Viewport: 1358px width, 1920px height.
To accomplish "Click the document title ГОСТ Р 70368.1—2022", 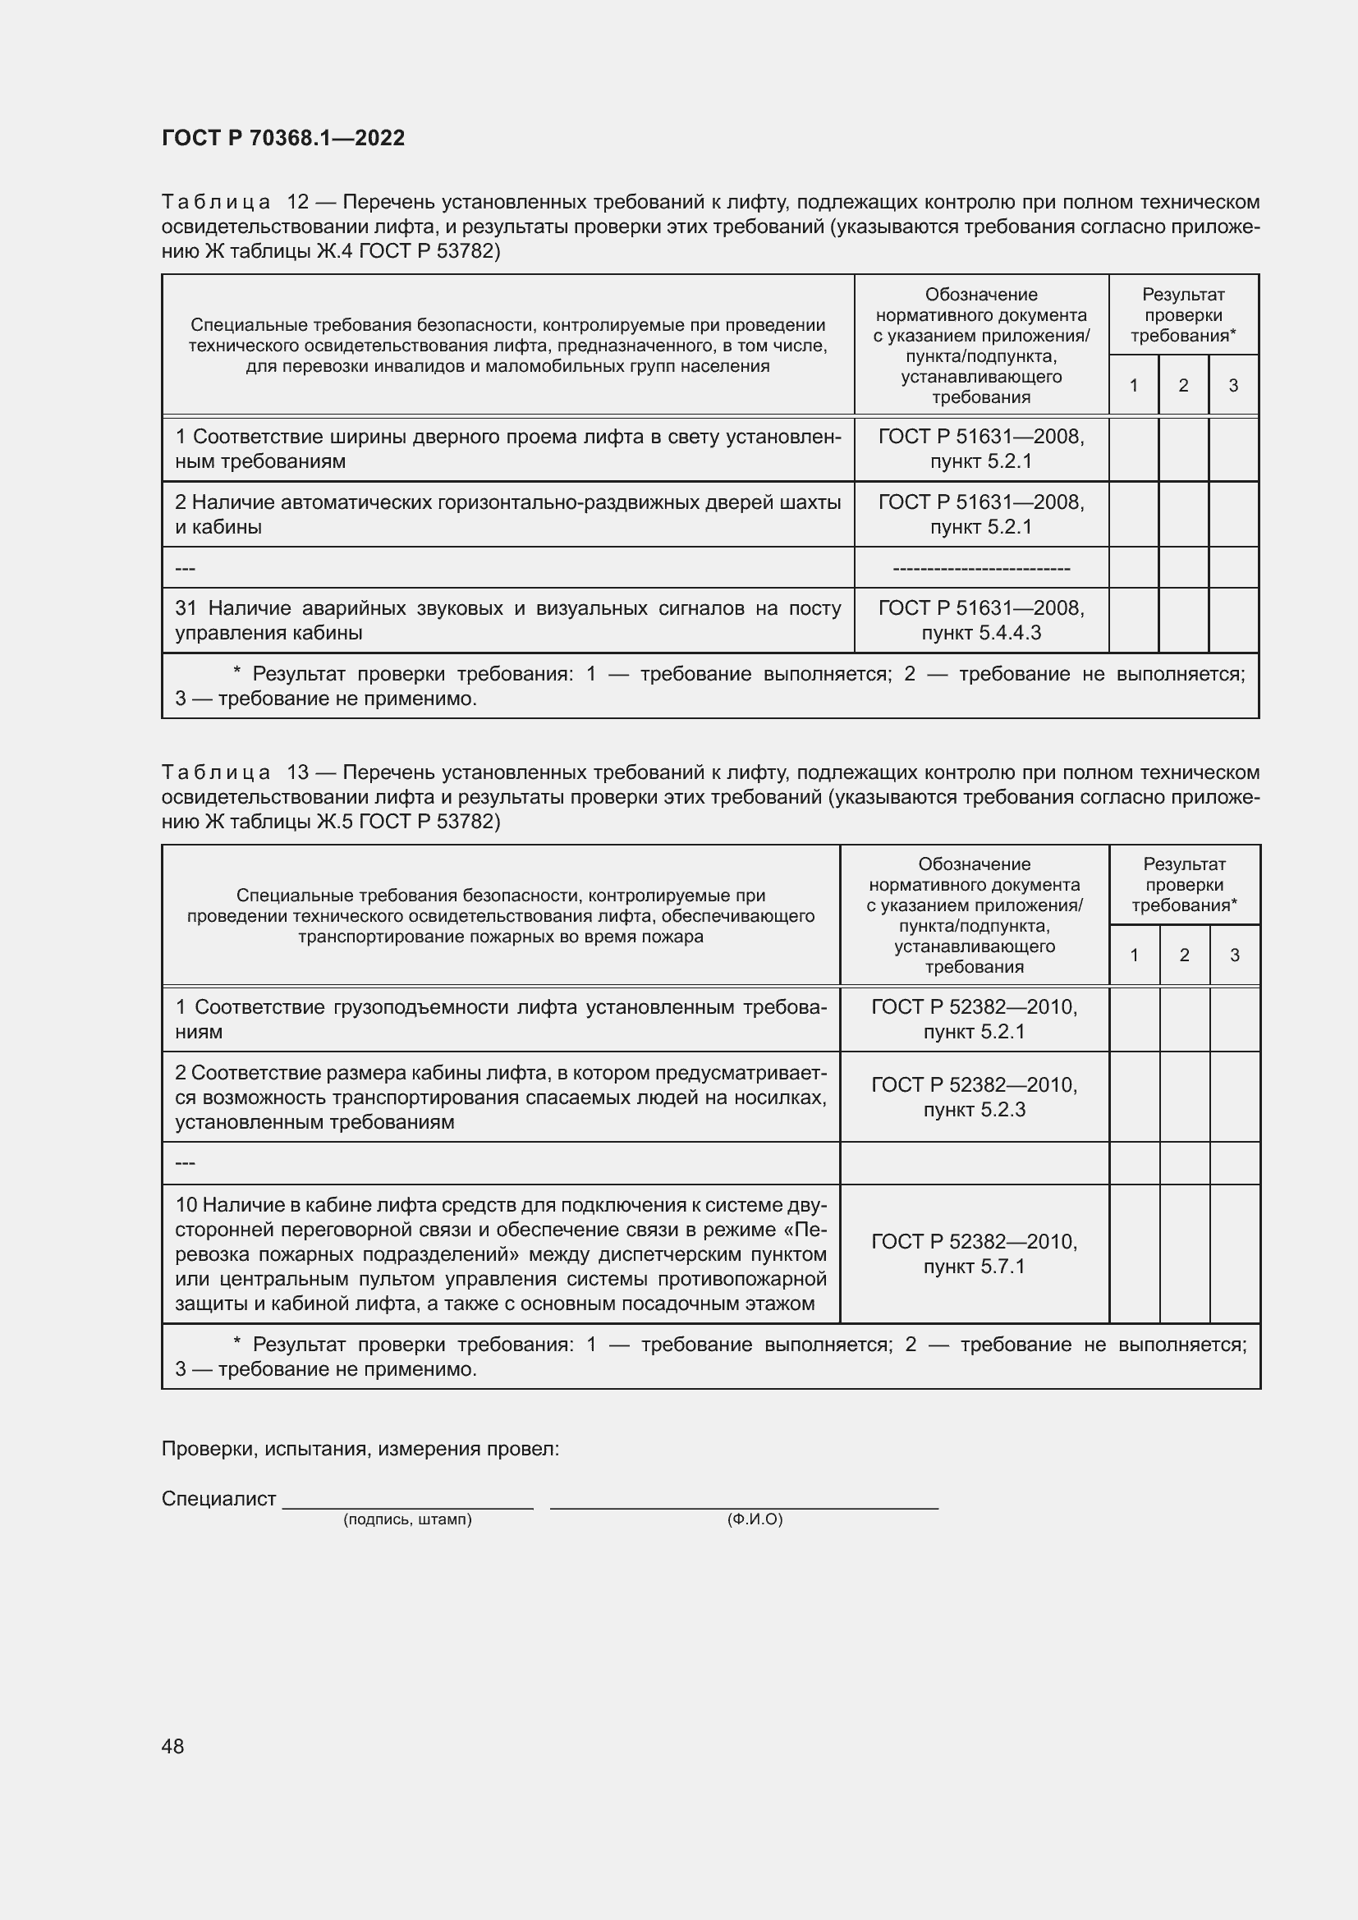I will click(x=282, y=138).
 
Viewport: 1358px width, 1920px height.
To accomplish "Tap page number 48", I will click(x=173, y=1745).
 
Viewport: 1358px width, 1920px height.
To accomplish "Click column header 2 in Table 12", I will click(x=1182, y=386).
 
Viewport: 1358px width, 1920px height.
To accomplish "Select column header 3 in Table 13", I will click(x=1234, y=955).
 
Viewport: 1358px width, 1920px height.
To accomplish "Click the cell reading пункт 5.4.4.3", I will click(x=981, y=633).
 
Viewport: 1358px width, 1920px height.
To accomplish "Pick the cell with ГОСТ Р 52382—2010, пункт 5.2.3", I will click(x=975, y=1097).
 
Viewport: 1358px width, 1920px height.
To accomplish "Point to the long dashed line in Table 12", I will click(x=981, y=569).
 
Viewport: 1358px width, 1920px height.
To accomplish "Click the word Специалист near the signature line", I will click(x=218, y=1499).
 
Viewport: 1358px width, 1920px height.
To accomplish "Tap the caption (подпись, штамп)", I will click(x=407, y=1519).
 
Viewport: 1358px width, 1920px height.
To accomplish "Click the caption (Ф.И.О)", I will click(x=755, y=1519).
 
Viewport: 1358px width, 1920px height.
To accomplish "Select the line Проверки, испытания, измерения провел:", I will click(x=360, y=1448).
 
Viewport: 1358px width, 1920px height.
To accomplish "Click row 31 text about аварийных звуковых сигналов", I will click(x=507, y=620).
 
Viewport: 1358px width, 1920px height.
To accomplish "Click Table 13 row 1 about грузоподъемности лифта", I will click(x=501, y=1019).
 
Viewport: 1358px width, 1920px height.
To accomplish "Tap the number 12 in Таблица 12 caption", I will click(x=298, y=203).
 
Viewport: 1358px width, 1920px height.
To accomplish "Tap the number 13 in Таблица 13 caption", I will click(x=298, y=772).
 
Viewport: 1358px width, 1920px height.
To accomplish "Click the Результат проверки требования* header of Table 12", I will click(x=1182, y=315).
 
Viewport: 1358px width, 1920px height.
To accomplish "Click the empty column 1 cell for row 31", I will click(x=1133, y=620).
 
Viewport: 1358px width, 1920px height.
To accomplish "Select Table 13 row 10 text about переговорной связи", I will click(x=501, y=1253).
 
